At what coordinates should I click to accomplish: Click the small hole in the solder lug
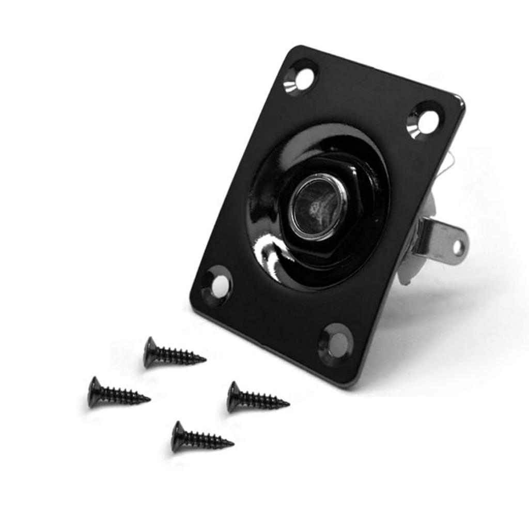458,247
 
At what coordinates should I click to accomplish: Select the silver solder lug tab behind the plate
444,243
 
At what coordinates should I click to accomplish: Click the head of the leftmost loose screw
95,392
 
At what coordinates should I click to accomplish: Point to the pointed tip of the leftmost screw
149,398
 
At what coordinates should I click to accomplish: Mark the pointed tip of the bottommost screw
233,443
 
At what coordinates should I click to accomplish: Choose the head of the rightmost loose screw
234,397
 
